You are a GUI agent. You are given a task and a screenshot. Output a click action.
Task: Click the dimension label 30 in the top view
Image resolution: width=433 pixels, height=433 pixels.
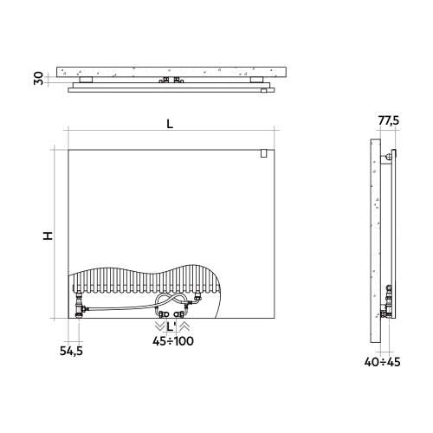pyautogui.click(x=38, y=79)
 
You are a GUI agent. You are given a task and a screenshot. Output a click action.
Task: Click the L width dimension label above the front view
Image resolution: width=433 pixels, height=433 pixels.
pyautogui.click(x=170, y=124)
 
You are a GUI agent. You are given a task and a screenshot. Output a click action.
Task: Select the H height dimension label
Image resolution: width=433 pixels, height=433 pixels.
pyautogui.click(x=48, y=236)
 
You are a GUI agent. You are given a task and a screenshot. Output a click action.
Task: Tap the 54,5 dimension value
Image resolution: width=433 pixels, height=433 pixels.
pyautogui.click(x=71, y=351)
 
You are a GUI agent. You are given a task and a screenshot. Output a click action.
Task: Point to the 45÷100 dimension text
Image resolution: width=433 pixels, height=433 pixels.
pyautogui.click(x=173, y=341)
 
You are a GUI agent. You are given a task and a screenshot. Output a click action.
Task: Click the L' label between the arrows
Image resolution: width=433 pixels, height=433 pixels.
pyautogui.click(x=171, y=327)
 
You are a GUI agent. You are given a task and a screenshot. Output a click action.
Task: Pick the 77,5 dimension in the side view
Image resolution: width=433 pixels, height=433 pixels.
pyautogui.click(x=389, y=120)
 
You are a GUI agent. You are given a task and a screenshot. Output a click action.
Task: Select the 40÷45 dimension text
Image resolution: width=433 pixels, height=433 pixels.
pyautogui.click(x=382, y=362)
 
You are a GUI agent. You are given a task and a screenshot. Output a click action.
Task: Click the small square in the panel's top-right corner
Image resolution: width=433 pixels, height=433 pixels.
pyautogui.click(x=263, y=153)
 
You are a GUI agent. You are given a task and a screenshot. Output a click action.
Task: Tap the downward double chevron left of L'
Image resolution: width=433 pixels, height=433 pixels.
pyautogui.click(x=159, y=326)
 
